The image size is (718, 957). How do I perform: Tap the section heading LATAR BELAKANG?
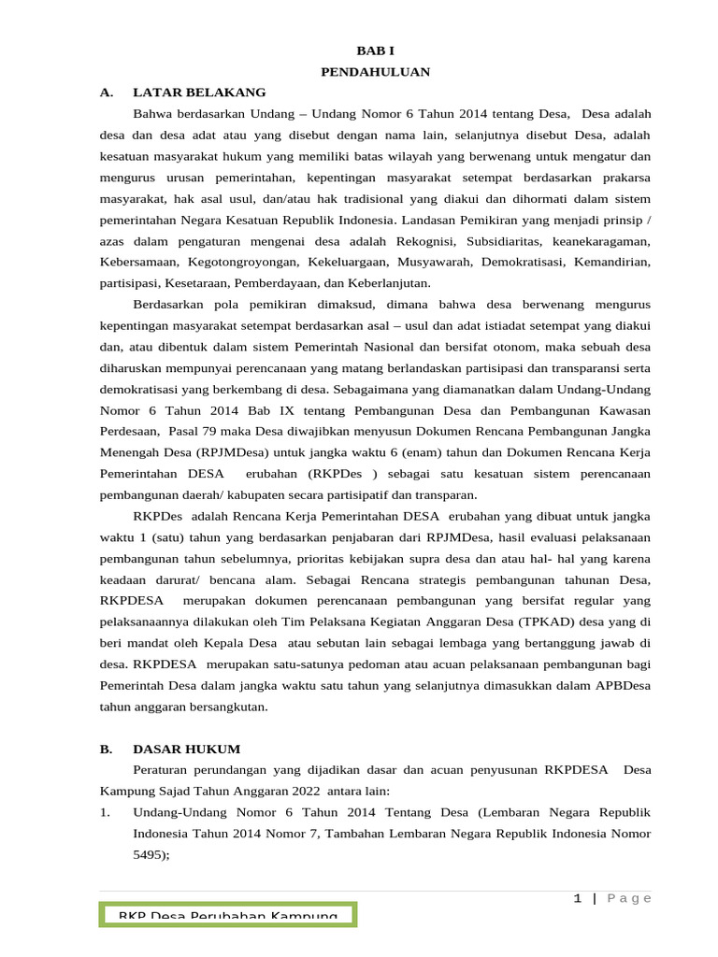click(x=199, y=93)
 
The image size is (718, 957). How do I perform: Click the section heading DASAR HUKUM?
click(x=187, y=749)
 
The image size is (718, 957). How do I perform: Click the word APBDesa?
click(x=622, y=685)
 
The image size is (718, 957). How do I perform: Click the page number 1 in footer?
click(x=578, y=898)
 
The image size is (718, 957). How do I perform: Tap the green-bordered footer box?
click(x=227, y=915)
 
